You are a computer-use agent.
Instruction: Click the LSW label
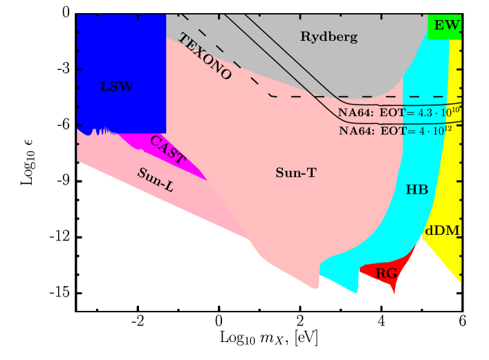117,87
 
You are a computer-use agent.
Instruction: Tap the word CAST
167,150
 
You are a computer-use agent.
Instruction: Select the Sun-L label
155,180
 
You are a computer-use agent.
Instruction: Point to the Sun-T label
295,173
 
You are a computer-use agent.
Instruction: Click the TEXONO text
205,57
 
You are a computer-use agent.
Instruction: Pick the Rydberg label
329,37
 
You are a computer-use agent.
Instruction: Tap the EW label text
447,26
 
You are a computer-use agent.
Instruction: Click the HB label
417,189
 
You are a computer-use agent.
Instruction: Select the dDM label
443,231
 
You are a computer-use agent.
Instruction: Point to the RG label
386,274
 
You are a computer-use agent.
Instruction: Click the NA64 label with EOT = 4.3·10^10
399,111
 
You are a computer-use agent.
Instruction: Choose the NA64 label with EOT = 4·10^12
399,130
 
